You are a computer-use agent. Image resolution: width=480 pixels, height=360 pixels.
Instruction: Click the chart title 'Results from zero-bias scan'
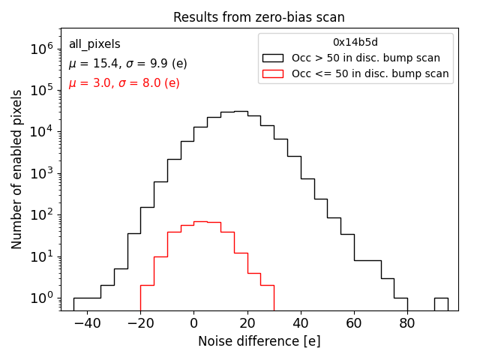259,17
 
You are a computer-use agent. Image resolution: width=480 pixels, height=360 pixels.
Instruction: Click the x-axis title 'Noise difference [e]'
259,341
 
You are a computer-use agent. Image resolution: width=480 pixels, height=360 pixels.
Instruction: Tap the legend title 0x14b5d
355,43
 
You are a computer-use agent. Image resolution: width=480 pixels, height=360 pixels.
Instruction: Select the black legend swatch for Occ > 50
272,58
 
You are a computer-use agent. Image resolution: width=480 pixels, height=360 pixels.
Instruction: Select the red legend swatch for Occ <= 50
272,73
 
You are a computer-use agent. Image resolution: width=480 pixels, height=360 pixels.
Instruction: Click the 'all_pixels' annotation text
94,44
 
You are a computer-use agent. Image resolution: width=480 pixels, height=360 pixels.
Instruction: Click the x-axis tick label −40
86,323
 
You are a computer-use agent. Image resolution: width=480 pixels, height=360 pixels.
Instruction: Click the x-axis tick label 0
193,323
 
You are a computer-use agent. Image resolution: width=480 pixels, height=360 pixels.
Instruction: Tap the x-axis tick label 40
301,323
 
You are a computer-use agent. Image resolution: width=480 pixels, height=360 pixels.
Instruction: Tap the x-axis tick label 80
407,323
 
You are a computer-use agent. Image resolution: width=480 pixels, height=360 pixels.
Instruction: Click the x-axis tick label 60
354,323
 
